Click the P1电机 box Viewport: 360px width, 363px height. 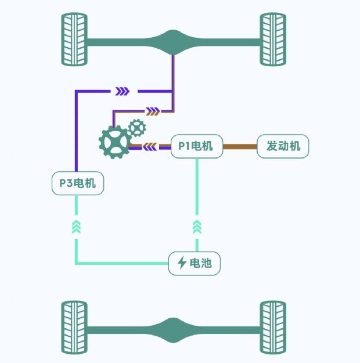click(x=197, y=146)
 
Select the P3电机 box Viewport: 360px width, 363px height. click(x=78, y=183)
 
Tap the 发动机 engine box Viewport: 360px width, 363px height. click(x=283, y=146)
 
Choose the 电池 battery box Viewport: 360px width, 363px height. click(x=195, y=264)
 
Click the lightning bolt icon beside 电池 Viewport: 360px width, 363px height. click(x=182, y=263)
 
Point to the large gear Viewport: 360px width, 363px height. click(x=115, y=142)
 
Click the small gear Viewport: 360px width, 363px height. click(x=137, y=128)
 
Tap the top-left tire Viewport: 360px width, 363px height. click(x=74, y=39)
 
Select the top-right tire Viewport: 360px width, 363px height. click(x=273, y=39)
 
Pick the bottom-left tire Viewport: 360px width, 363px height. click(x=74, y=328)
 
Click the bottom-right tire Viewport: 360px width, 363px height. click(x=273, y=328)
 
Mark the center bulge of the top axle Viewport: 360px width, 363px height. click(x=173, y=42)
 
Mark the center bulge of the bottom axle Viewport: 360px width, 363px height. click(x=173, y=330)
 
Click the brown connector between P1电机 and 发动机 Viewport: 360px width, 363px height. click(x=240, y=146)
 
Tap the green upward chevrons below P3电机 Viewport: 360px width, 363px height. click(x=77, y=227)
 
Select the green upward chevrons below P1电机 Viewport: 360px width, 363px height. click(x=197, y=227)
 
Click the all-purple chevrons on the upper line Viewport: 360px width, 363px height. click(x=123, y=91)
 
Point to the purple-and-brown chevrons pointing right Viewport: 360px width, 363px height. click(x=153, y=111)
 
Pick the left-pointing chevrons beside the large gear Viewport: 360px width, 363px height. click(x=150, y=147)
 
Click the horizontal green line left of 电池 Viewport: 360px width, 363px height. click(x=122, y=263)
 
